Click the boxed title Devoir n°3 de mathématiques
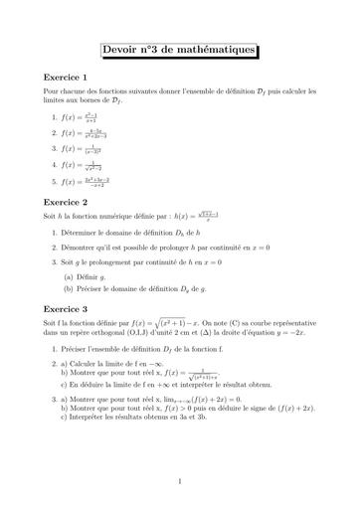tap(179, 51)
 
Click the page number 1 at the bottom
tap(179, 482)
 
